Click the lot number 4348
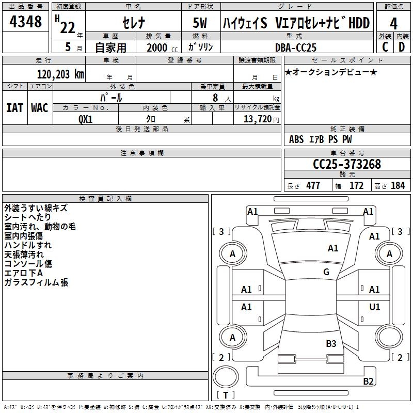click(25, 22)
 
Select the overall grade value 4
click(393, 24)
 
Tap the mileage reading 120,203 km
click(60, 74)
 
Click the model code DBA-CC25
click(295, 47)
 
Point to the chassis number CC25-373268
click(347, 164)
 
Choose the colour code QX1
click(86, 119)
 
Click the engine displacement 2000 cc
click(162, 47)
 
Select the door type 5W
click(200, 23)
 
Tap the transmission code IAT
click(14, 108)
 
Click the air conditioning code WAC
click(40, 108)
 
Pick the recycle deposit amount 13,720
click(257, 119)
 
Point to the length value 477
click(313, 185)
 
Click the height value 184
click(398, 185)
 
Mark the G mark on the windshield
click(326, 272)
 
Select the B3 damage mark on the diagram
click(331, 343)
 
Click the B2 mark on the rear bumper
click(368, 381)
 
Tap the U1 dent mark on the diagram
click(375, 307)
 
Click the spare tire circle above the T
click(226, 376)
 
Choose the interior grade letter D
click(402, 47)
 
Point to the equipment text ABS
click(296, 139)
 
